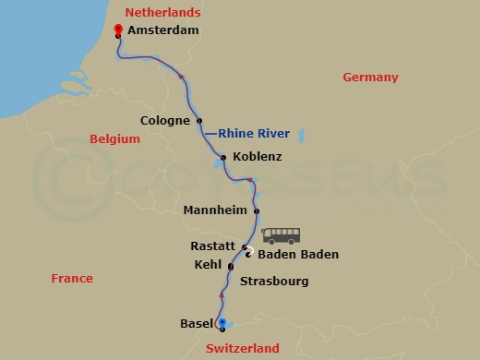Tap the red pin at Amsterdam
click(118, 30)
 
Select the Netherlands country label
click(162, 12)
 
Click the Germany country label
click(370, 78)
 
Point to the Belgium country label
click(114, 139)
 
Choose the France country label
click(72, 278)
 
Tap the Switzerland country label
click(241, 349)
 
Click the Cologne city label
click(165, 120)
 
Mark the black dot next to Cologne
click(199, 120)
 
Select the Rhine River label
click(254, 134)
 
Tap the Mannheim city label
click(216, 210)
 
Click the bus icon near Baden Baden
click(282, 235)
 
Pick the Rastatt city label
click(213, 246)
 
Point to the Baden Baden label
click(298, 255)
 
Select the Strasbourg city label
click(274, 281)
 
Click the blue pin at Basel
click(222, 323)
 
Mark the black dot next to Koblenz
click(224, 158)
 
